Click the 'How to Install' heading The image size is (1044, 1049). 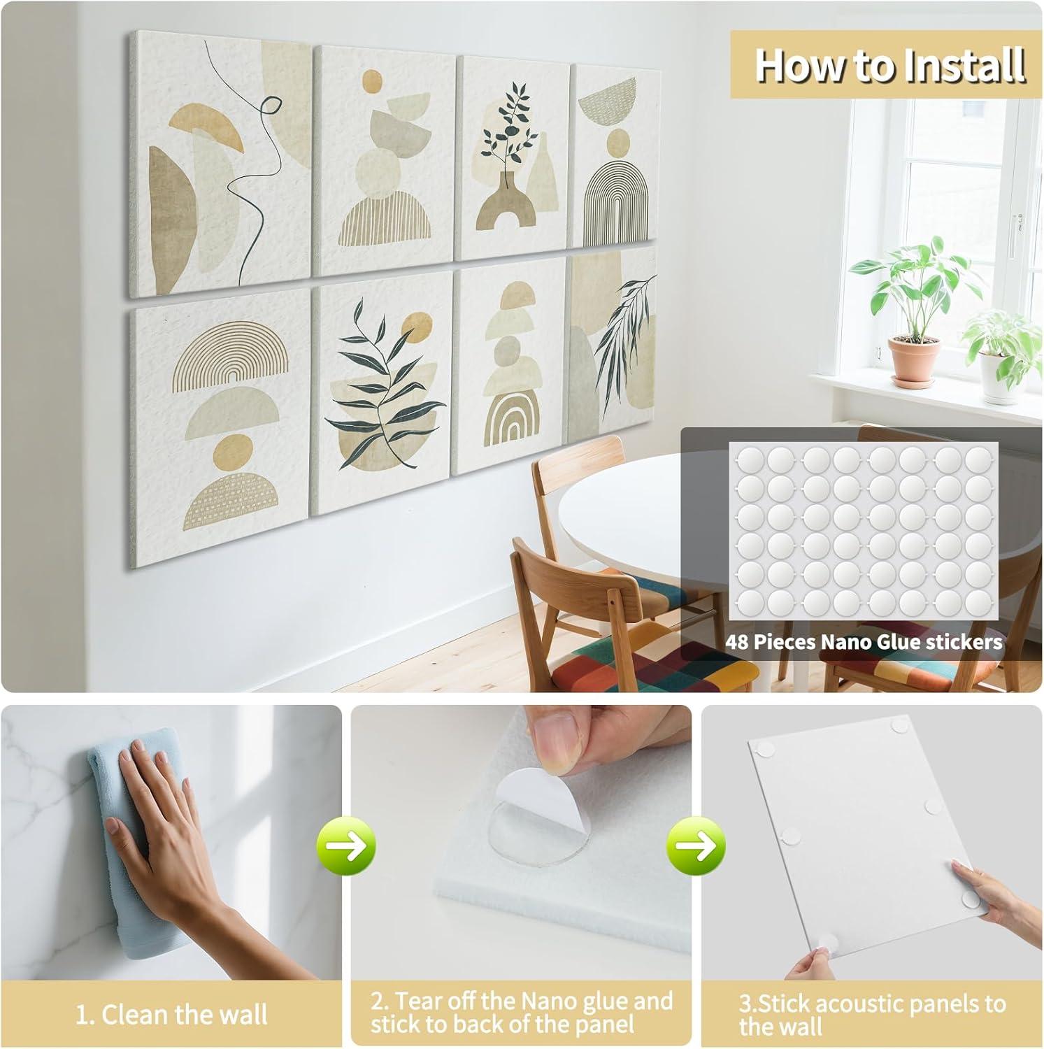(x=889, y=65)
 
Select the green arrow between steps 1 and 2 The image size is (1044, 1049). (x=348, y=847)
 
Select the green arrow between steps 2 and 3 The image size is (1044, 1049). (x=696, y=847)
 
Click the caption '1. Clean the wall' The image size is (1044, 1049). (x=171, y=1015)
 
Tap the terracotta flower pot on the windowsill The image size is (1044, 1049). (x=913, y=359)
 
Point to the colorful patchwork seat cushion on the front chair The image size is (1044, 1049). (x=650, y=657)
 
